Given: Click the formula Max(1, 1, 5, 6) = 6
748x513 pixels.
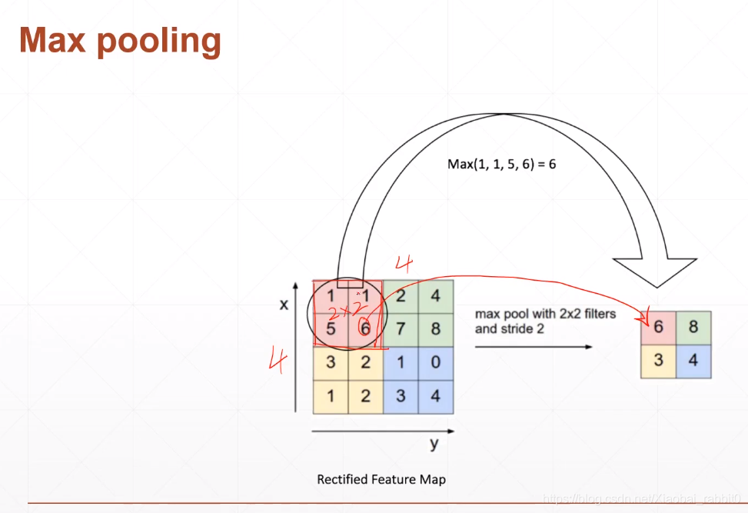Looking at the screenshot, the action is point(501,164).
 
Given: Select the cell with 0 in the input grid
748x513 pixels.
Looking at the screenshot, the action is point(436,361).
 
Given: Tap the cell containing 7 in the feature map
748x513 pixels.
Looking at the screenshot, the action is point(401,329).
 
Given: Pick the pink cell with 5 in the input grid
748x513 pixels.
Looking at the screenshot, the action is point(331,329).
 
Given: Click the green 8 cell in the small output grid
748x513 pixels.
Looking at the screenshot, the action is point(693,328).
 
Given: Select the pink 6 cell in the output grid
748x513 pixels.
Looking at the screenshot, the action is point(659,328).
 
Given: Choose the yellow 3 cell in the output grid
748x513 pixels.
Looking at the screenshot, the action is point(659,361).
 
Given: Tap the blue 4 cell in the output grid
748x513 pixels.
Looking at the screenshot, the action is point(693,361).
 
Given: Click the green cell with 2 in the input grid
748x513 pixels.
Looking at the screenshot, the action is point(401,296).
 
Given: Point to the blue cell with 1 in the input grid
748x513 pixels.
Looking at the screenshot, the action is point(401,361).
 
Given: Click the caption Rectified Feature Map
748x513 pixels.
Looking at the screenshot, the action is point(381,479).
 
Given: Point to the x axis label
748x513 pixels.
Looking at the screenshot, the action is point(284,305).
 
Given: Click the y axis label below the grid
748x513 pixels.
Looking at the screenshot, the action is point(434,445).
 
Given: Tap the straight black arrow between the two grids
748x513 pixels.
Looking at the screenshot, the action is point(534,347).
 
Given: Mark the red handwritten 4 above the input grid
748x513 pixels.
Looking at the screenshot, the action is point(404,264).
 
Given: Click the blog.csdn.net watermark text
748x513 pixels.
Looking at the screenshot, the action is point(641,499).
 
